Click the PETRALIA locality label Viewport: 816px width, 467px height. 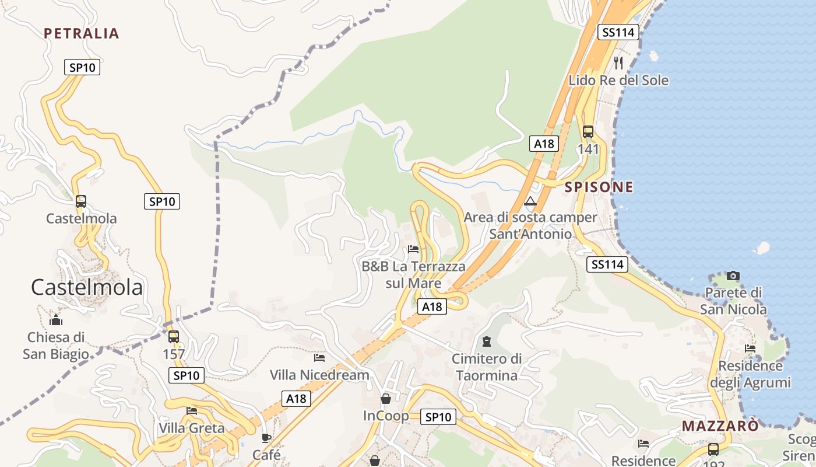coord(82,33)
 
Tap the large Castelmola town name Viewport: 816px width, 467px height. coord(87,287)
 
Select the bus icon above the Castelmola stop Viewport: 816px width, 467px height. coord(81,201)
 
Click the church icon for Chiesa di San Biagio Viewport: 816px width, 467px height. coord(56,320)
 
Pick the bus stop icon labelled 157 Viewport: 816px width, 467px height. coord(174,337)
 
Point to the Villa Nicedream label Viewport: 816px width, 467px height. coord(319,375)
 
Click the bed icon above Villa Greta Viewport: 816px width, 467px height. coord(192,410)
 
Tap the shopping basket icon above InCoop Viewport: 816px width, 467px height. coord(386,399)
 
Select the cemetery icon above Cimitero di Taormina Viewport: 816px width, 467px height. coord(487,341)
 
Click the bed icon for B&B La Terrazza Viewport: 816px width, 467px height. coord(413,249)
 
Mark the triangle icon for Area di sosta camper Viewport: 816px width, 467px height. coord(530,202)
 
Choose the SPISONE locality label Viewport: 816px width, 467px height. coord(599,187)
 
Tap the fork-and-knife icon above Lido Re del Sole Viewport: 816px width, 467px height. coord(618,62)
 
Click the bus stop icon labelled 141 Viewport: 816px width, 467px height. coord(588,132)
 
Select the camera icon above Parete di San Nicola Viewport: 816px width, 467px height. coord(733,276)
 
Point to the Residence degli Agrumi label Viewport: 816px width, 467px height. coord(750,374)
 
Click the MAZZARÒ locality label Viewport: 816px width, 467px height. coord(720,426)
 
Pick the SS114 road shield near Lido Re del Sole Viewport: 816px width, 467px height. coord(618,33)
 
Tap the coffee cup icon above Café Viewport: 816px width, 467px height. coord(266,438)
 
